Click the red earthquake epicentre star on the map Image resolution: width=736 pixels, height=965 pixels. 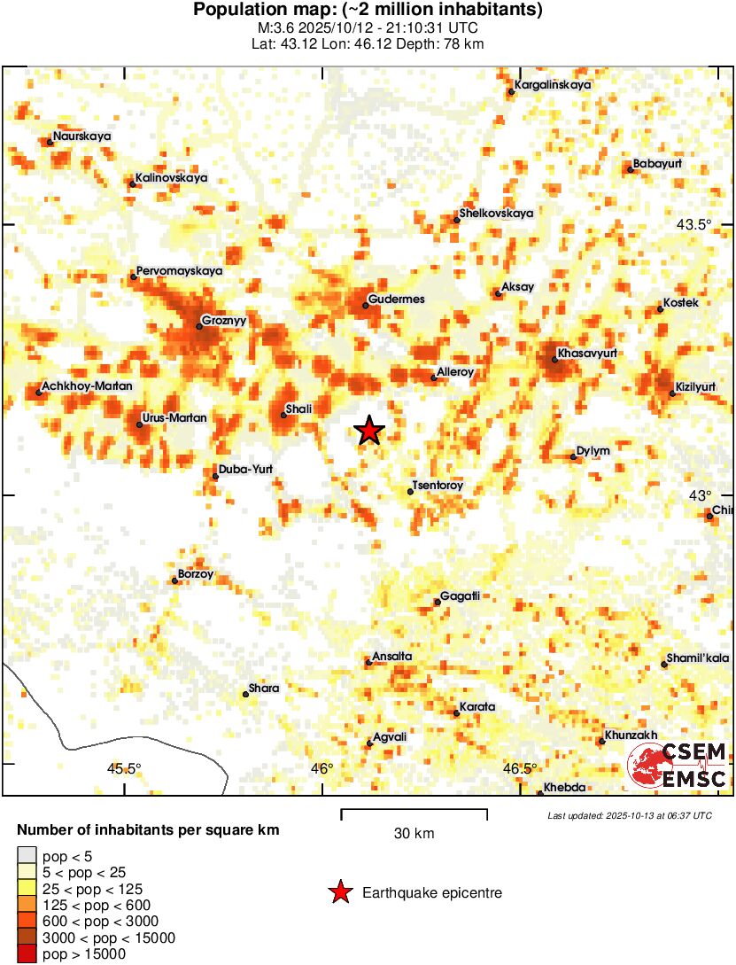[x=369, y=431]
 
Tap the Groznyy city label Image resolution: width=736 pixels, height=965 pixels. [x=223, y=320]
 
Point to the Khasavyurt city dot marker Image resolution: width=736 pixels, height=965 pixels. [x=554, y=359]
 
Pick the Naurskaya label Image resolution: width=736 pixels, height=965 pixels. [x=81, y=136]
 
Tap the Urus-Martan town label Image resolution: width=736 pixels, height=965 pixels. [x=174, y=417]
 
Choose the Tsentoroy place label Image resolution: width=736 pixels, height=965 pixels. [x=438, y=486]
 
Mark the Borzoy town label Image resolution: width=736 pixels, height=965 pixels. [x=196, y=574]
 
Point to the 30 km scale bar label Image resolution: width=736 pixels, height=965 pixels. [x=414, y=833]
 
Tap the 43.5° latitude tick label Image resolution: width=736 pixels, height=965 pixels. [x=694, y=224]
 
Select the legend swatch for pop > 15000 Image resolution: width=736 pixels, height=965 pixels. [x=27, y=954]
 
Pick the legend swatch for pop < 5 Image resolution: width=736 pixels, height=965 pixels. [x=27, y=856]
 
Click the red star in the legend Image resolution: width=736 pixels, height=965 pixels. [x=340, y=893]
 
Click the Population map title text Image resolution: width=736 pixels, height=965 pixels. [x=368, y=11]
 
